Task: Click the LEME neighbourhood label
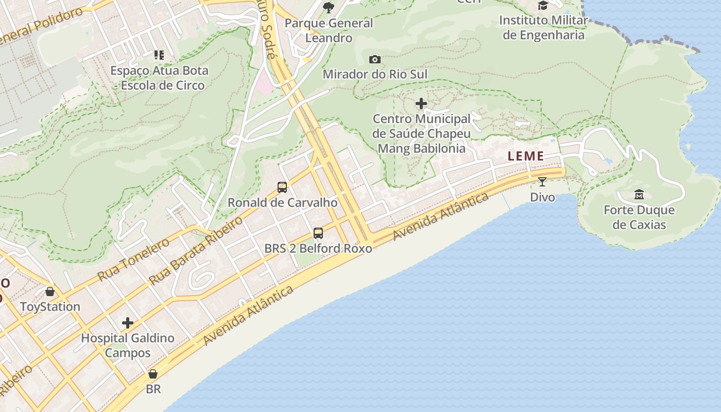(x=526, y=156)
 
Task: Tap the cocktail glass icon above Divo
(x=542, y=181)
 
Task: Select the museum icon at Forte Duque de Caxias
(x=639, y=195)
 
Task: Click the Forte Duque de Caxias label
(x=639, y=217)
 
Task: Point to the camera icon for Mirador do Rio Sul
(x=375, y=60)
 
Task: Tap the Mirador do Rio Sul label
(x=375, y=74)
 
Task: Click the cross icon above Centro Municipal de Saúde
(x=421, y=104)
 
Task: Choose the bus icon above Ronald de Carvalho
(x=282, y=187)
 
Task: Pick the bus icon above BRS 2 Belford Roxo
(x=318, y=233)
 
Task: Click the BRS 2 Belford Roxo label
(x=318, y=248)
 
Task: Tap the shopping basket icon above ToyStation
(x=50, y=292)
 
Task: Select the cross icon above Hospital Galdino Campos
(x=128, y=323)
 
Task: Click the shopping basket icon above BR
(x=153, y=374)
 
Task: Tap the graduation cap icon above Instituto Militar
(x=543, y=6)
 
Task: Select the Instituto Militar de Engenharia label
(x=543, y=28)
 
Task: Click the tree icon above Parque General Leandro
(x=329, y=7)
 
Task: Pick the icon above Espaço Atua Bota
(x=159, y=55)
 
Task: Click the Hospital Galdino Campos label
(x=128, y=346)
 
